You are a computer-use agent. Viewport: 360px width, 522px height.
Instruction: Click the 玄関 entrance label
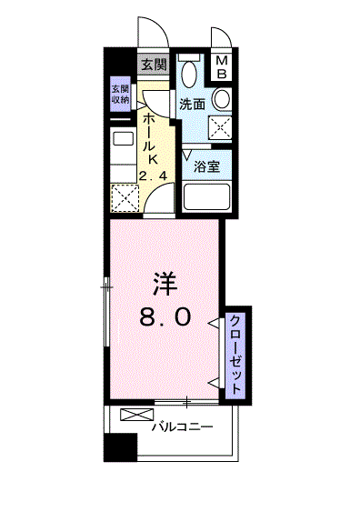154,65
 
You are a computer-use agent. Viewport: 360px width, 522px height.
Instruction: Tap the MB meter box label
222,67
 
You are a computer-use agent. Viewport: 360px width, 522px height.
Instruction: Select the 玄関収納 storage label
120,95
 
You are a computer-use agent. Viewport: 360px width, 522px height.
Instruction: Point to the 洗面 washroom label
192,105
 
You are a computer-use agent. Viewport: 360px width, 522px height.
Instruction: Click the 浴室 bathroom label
206,166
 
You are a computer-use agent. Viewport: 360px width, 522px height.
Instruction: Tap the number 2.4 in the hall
153,176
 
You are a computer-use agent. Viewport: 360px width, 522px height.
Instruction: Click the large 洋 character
165,284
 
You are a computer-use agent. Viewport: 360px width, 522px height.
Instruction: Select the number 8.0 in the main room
165,316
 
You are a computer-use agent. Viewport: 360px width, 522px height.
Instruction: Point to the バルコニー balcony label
182,427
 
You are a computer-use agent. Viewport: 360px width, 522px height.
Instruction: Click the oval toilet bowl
189,74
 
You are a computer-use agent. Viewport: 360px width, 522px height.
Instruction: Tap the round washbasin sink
222,99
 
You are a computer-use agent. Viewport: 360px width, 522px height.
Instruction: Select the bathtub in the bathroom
207,196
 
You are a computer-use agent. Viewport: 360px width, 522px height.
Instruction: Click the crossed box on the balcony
137,415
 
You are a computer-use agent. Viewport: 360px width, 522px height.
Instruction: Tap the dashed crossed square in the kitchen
125,198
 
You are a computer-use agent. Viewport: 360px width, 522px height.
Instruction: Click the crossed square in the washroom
220,127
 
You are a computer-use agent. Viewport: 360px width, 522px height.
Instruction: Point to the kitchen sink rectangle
124,138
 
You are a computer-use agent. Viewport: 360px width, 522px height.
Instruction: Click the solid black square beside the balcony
120,447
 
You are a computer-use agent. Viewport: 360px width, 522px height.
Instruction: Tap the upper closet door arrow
214,322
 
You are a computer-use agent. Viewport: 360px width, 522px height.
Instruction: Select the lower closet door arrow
214,383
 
